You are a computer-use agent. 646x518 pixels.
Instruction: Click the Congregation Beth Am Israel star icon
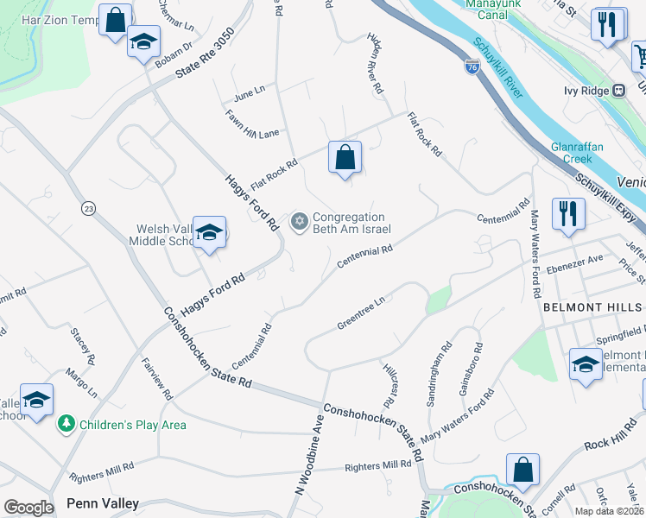(x=300, y=223)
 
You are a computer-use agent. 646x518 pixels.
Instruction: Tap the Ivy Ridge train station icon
(x=618, y=91)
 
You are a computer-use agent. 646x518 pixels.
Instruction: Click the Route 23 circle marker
(x=88, y=208)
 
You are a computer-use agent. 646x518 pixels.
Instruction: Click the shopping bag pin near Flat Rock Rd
(x=345, y=158)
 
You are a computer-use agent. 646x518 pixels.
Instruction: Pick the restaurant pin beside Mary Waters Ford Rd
(x=568, y=213)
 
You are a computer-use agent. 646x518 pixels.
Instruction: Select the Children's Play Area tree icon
(x=66, y=424)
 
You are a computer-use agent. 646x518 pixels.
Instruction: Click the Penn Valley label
(x=103, y=503)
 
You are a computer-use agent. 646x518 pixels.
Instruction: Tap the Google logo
(x=28, y=508)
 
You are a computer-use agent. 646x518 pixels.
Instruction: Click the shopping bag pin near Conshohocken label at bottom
(x=522, y=471)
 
